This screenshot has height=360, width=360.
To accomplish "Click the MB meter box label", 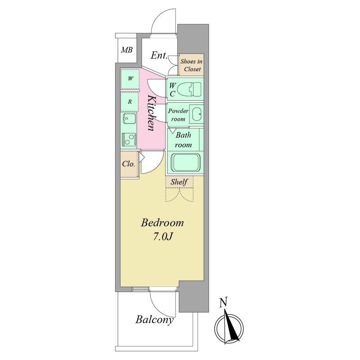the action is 127,50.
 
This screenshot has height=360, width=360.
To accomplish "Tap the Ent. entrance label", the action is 159,55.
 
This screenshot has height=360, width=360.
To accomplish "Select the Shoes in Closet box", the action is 191,65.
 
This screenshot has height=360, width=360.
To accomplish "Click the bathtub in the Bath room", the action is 185,163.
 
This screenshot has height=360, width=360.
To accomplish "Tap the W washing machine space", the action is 130,78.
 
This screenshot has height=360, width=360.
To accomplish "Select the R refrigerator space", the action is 130,102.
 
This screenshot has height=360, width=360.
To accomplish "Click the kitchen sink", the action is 129,119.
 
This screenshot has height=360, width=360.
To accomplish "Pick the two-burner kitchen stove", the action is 129,140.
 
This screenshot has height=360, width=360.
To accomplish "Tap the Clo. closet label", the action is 128,164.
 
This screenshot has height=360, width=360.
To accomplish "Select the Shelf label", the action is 179,182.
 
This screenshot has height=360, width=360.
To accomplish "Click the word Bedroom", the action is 162,223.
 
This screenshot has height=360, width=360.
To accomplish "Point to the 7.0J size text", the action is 162,237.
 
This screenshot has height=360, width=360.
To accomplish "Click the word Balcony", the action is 154,320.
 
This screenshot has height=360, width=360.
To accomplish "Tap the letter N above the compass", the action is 223,302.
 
